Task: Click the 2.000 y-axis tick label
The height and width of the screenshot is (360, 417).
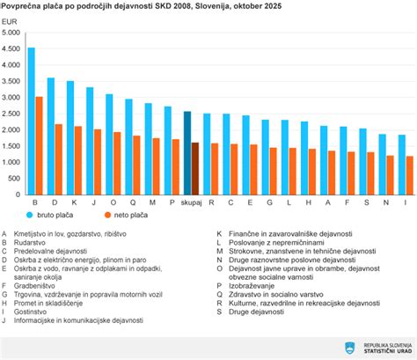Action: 12,129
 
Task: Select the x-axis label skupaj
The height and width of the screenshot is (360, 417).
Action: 191,202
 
